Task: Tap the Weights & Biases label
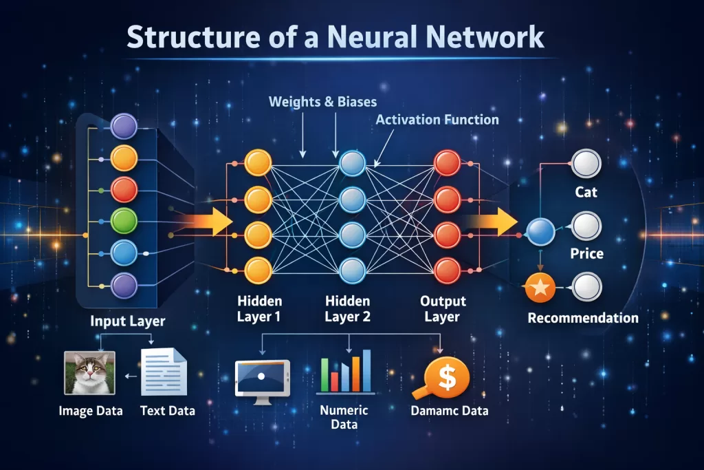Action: pyautogui.click(x=322, y=102)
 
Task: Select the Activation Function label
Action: pyautogui.click(x=437, y=120)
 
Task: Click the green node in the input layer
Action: pyautogui.click(x=124, y=221)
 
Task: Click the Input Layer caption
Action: pyautogui.click(x=127, y=321)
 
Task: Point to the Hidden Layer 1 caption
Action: pyautogui.click(x=259, y=309)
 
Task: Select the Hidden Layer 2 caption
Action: pyautogui.click(x=347, y=309)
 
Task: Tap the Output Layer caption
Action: pyautogui.click(x=443, y=309)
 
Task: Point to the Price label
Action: pyautogui.click(x=586, y=254)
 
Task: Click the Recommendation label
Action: pyautogui.click(x=583, y=318)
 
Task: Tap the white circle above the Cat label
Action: pyautogui.click(x=586, y=164)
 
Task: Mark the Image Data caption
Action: pyautogui.click(x=91, y=411)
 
